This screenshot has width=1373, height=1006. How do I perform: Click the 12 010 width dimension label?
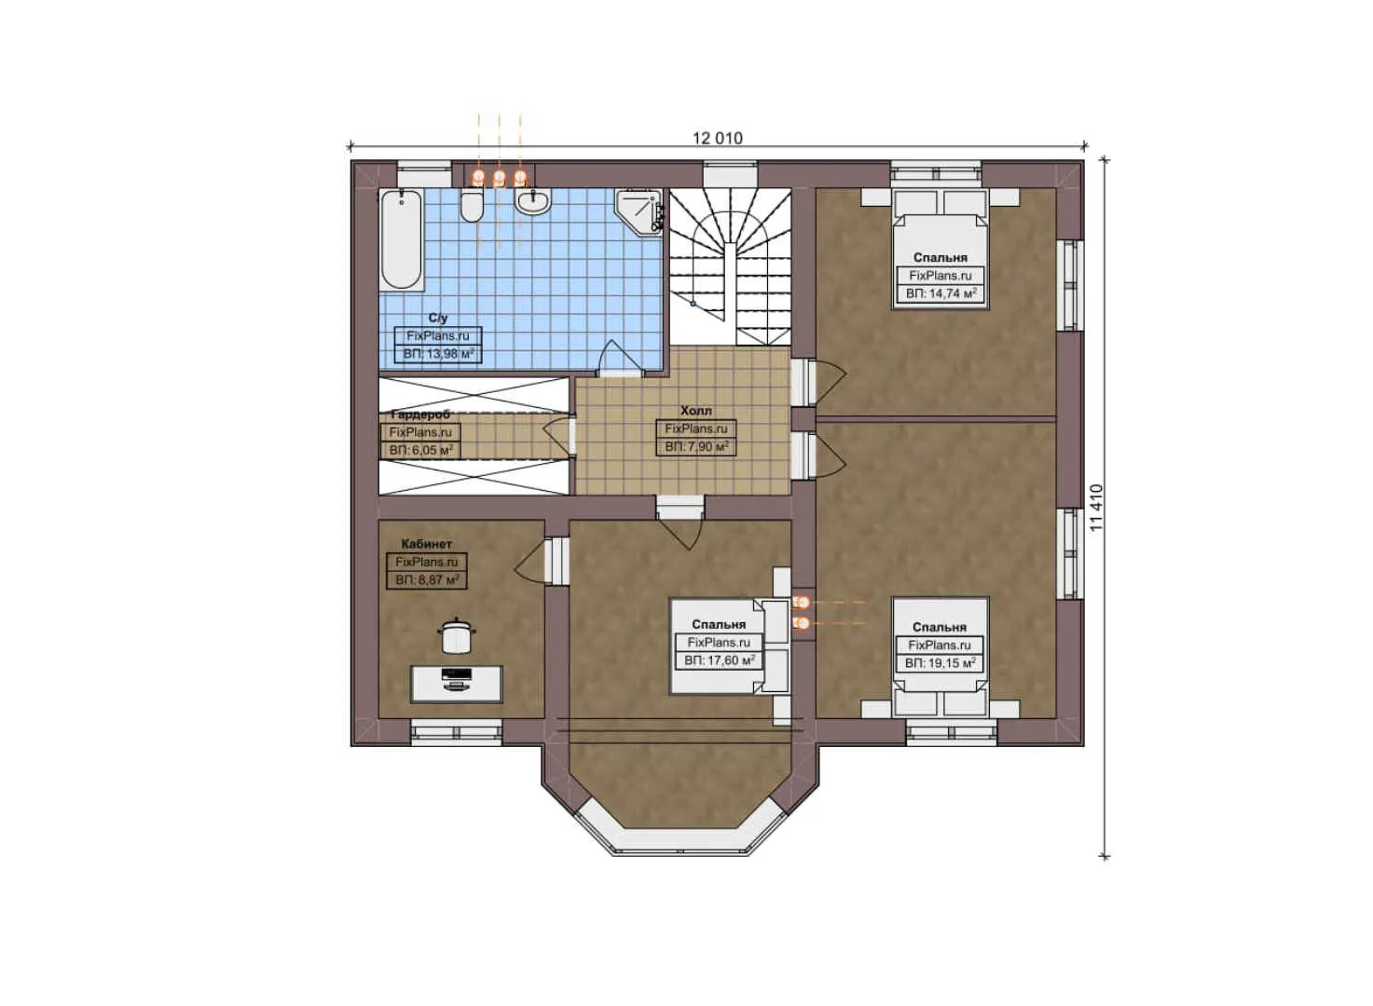point(717,138)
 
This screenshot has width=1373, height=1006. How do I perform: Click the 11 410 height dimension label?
point(1096,508)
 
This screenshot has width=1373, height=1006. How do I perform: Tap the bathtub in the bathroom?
point(401,239)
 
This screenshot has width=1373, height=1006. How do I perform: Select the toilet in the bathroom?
point(472,206)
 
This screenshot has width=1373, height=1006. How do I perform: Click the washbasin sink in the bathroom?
point(534,201)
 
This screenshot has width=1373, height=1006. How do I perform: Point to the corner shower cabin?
point(640,211)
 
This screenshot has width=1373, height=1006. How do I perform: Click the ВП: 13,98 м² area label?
point(438,354)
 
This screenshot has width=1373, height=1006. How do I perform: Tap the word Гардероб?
point(420,415)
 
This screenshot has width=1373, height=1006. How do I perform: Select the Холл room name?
point(695,411)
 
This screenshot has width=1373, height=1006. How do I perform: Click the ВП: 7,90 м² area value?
point(695,447)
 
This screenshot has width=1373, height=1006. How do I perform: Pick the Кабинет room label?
point(426,544)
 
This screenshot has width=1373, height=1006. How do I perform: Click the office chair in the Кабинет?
point(456,636)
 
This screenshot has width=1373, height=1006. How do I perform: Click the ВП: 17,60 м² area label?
point(719,660)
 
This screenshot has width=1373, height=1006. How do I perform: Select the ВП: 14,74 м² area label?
point(941,293)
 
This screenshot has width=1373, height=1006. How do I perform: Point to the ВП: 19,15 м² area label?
point(940,663)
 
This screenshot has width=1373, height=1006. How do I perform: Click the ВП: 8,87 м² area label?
point(426,580)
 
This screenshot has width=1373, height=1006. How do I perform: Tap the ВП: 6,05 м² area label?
point(420,450)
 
